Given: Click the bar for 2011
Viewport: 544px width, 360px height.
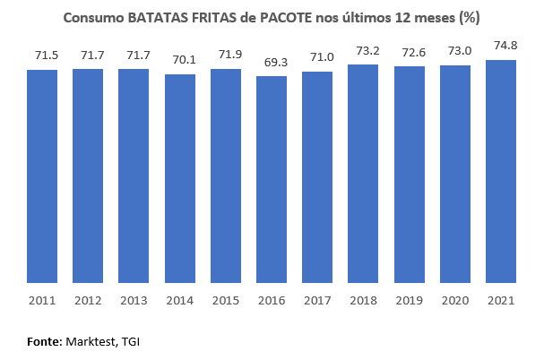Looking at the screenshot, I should point(42,176).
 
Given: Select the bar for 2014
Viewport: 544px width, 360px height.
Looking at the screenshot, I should point(180,179).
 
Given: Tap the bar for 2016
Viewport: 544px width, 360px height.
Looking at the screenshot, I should point(272,180).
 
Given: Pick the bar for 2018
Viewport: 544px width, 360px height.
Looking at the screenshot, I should point(363,174).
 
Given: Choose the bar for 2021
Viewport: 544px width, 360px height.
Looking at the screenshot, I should point(501,172).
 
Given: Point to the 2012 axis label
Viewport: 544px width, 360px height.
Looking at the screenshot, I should point(88,300).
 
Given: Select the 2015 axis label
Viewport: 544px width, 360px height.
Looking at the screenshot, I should point(226,300).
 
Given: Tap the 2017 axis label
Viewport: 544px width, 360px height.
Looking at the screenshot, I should point(317,300).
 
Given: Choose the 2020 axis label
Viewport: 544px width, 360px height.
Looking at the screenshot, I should point(455,300).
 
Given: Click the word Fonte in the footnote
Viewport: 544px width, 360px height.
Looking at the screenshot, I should point(43,341).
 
